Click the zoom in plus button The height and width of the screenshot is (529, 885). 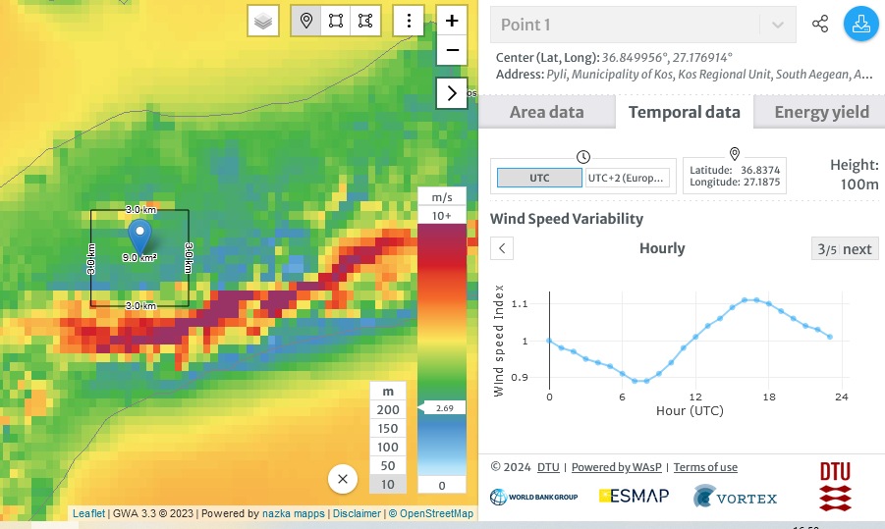[452, 21]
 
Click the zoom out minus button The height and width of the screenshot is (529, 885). [452, 50]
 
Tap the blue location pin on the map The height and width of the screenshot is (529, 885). [140, 236]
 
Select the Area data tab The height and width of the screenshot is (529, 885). [546, 112]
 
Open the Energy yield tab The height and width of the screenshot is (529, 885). [821, 112]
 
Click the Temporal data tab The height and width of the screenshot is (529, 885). [684, 112]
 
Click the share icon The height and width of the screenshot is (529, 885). [820, 25]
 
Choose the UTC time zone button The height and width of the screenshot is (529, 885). [539, 178]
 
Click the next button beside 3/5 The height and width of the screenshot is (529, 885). [846, 248]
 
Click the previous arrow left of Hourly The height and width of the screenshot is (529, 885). [502, 248]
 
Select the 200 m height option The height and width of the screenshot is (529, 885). [388, 410]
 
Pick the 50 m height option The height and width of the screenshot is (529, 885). [388, 465]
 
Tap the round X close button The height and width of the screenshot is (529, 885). [343, 479]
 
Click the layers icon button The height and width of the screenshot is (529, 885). [263, 21]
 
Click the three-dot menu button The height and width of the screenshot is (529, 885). [409, 21]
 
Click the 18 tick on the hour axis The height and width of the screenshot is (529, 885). [769, 397]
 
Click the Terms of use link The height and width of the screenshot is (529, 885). [705, 467]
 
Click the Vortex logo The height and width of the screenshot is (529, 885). [735, 498]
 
